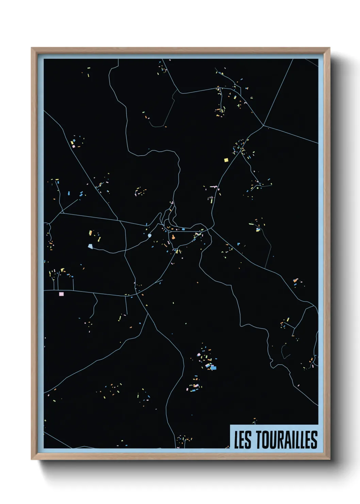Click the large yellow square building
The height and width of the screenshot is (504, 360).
226,160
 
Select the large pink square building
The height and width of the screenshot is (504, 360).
61,294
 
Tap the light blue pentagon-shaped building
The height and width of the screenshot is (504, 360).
90,246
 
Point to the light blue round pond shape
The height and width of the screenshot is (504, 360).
149,235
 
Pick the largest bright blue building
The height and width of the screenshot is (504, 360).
213,367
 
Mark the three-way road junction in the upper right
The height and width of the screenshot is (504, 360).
263,125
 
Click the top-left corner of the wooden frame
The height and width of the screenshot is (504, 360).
32,48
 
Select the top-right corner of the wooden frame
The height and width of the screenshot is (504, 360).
329,48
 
